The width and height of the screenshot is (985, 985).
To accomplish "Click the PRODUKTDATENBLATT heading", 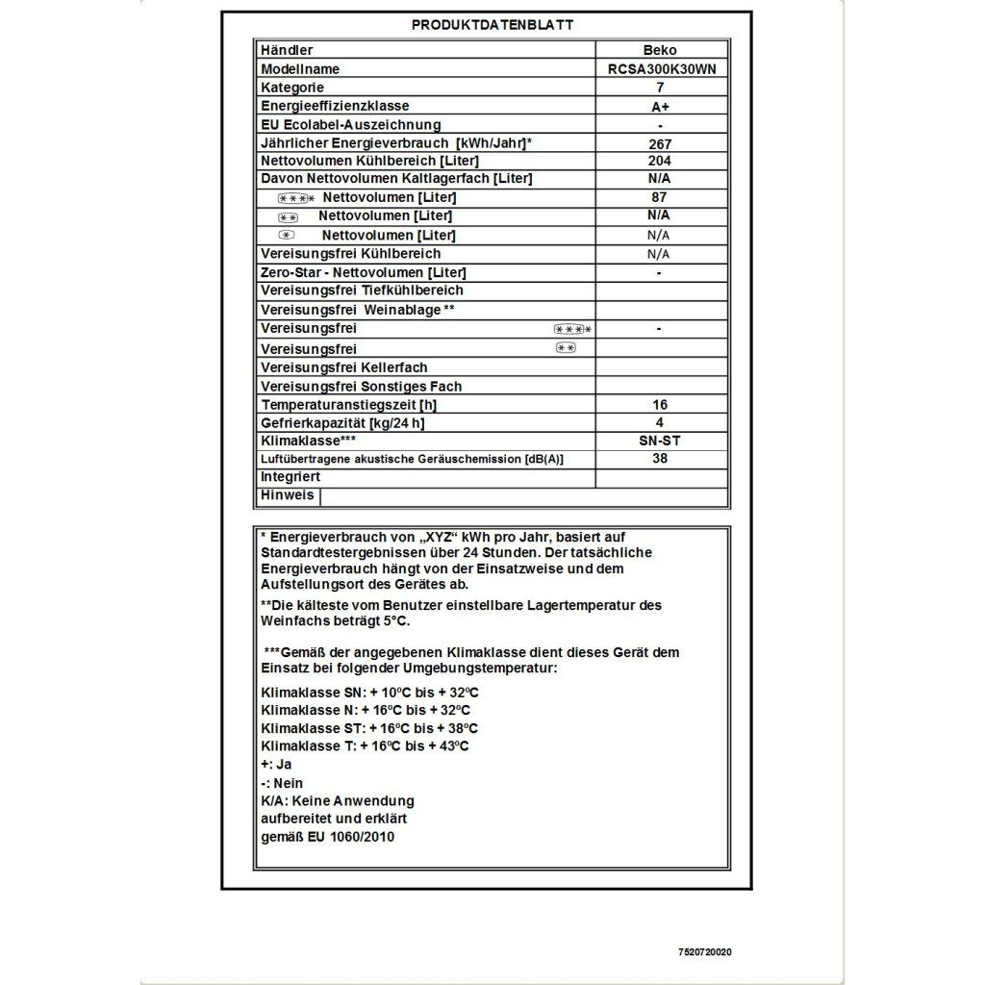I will click(492, 25).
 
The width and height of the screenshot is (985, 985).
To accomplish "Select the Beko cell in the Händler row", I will click(659, 50).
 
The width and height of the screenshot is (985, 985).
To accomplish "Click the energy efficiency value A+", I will click(660, 107).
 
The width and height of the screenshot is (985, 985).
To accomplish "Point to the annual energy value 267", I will click(660, 143).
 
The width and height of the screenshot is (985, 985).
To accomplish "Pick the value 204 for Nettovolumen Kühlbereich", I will click(660, 161).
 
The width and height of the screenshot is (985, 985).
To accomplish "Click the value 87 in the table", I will click(660, 197).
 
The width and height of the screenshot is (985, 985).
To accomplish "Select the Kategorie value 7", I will click(660, 88).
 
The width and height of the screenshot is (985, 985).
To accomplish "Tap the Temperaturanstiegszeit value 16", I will click(660, 405).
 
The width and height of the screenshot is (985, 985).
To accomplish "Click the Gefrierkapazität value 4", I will click(660, 423).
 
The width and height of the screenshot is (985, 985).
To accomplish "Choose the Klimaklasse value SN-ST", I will click(660, 441).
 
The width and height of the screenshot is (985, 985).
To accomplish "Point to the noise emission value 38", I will click(660, 459).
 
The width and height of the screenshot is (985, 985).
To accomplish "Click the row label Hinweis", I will click(287, 495).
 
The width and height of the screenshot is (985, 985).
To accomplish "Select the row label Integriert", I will click(290, 477).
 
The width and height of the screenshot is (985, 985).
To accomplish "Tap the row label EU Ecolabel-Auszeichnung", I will click(350, 125).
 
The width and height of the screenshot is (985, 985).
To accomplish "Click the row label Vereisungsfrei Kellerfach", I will click(343, 367).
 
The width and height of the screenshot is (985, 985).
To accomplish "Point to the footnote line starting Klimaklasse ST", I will click(368, 728).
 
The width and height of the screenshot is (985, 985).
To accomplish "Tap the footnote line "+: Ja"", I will click(276, 764).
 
